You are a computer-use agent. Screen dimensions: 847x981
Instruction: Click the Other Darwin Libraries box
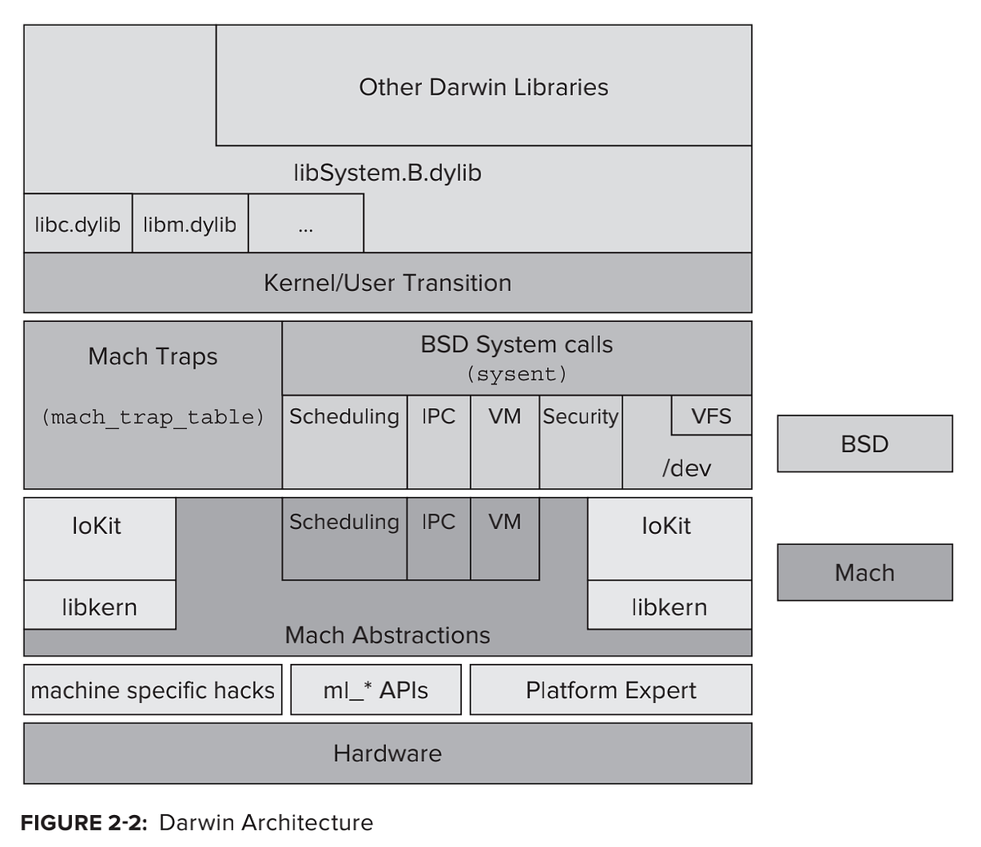point(483,86)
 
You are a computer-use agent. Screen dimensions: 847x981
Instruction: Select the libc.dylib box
point(78,224)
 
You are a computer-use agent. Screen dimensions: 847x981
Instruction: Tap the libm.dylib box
point(190,224)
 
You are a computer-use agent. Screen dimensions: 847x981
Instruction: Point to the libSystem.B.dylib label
point(387,173)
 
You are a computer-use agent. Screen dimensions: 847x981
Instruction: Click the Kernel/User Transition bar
point(387,283)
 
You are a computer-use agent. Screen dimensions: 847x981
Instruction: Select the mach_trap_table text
point(153,417)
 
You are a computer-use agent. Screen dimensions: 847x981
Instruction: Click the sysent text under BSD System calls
point(517,374)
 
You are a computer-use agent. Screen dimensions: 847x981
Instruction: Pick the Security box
point(580,417)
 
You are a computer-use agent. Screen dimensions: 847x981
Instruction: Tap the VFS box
point(710,415)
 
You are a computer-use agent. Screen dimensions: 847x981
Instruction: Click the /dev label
point(686,468)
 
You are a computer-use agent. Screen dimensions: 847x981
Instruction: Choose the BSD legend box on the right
point(864,444)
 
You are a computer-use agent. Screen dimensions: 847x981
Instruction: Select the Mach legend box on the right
point(864,572)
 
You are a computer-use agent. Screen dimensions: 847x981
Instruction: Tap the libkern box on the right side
point(669,607)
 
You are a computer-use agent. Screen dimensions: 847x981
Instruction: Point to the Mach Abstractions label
point(387,635)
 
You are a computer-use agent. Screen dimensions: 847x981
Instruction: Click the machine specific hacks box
point(153,690)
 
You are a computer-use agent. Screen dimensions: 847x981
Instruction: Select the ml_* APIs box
point(375,690)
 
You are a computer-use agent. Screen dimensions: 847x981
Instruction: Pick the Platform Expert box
point(611,690)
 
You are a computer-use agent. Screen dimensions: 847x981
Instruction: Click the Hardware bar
point(387,753)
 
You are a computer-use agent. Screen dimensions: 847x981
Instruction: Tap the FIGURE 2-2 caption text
point(196,822)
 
